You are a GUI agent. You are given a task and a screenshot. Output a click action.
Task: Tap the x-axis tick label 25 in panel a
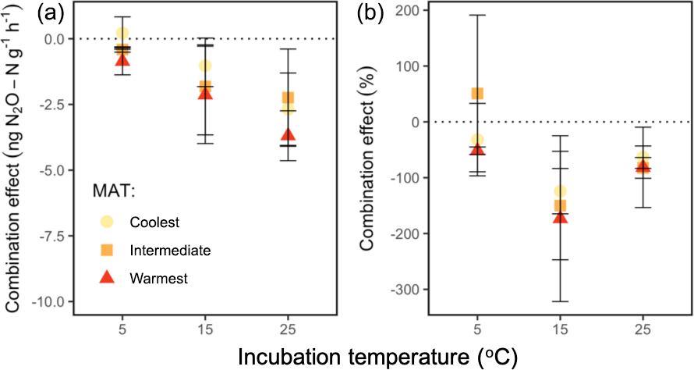click(288, 329)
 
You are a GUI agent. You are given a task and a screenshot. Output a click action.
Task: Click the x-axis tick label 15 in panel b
click(561, 329)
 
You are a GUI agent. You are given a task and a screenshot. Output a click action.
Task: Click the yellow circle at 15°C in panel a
click(205, 66)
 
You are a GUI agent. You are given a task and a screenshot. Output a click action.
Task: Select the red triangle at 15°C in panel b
click(561, 216)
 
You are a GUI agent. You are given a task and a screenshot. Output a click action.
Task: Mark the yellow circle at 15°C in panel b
click(561, 191)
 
